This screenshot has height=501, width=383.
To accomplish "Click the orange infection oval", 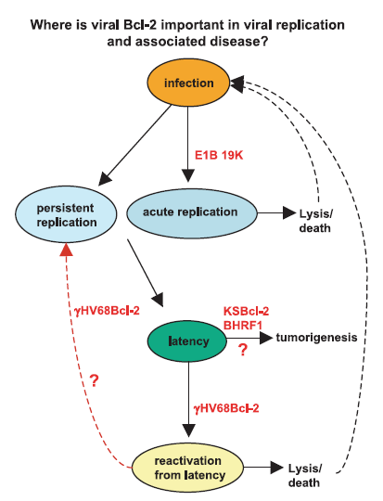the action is pos(188,83).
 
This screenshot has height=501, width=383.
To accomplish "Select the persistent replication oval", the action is pos(66,214).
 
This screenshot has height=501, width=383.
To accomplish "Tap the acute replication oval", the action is pos(192,212).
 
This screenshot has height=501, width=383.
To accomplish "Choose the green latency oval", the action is pos(187,340).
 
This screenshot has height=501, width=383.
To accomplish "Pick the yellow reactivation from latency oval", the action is pos(188,468).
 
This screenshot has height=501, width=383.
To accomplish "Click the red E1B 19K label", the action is pos(219,155).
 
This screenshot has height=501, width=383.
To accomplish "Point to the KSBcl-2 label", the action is pos(246,311).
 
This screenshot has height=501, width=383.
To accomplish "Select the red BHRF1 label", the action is pos(243,326).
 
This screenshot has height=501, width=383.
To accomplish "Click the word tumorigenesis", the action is pos(316,338).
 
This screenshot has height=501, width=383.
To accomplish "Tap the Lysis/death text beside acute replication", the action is pos(315,221).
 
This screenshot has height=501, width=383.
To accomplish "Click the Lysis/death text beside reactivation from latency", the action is pos(304,475).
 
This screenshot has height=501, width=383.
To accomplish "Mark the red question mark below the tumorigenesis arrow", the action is pos(243,350).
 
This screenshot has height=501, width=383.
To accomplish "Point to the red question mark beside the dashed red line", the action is pos(94,380).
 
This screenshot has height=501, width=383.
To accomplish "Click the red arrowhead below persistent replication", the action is pos(66,250).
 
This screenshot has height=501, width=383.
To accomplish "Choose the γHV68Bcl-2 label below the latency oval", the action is pos(226,408).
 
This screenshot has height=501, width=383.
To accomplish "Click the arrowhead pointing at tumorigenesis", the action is pos(266,338).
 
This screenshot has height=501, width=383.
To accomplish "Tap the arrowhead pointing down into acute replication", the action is pos(188,175).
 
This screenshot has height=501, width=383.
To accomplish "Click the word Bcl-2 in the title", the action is pos(140,25).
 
